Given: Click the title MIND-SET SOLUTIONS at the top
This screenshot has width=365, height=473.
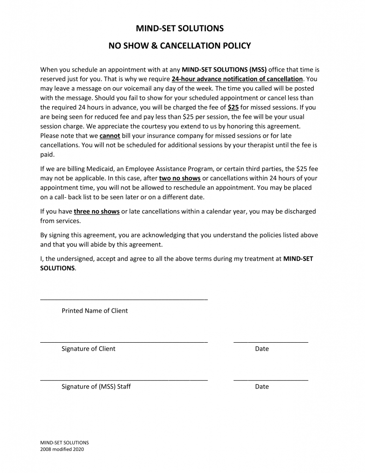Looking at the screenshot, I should [180, 29].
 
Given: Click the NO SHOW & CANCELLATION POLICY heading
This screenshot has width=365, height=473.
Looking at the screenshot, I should [180, 46].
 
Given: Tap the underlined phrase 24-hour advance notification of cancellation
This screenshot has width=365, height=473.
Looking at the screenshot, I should [237, 79].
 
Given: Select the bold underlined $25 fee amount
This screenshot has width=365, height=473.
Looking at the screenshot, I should [233, 107].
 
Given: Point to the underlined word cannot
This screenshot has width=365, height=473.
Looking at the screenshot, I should [110, 135].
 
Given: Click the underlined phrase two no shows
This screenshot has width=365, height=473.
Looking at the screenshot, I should [180, 178].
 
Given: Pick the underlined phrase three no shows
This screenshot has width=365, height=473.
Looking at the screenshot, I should [97, 212].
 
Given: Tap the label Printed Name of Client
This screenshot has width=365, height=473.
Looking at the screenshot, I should [95, 311].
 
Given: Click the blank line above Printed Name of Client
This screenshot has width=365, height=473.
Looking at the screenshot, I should [124, 300].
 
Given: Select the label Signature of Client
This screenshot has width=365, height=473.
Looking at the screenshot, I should [89, 349].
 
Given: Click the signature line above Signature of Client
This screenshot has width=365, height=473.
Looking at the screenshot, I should [124, 342].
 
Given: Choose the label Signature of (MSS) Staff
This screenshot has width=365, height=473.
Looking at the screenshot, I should [96, 387].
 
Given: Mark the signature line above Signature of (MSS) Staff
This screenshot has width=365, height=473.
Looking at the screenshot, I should [124, 380].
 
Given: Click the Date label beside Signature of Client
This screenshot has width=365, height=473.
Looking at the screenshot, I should [262, 349].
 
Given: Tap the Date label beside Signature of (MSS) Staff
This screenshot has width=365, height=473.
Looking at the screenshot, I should [262, 387].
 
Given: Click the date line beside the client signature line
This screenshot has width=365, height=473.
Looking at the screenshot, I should [271, 342].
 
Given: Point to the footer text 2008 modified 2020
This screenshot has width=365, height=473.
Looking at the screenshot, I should [62, 449].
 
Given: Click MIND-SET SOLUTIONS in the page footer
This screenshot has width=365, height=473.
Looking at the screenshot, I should [65, 443].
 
